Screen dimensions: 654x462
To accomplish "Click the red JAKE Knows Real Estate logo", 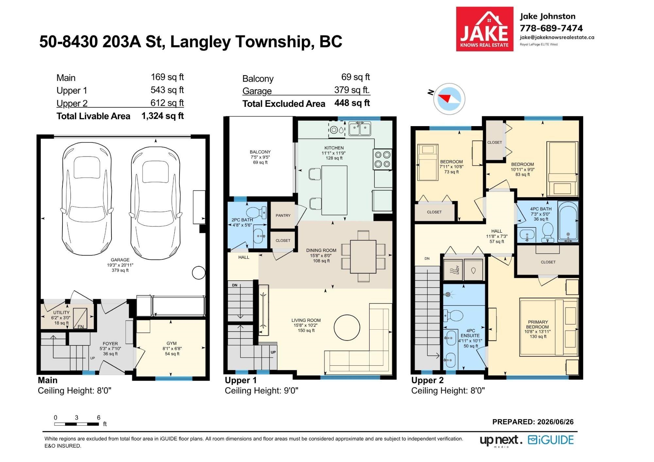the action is tap(485, 29).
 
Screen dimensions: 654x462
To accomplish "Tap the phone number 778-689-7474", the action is tap(551, 28).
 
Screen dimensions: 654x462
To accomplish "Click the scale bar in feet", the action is tap(77, 424).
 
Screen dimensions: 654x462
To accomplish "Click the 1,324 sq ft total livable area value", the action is tap(163, 116).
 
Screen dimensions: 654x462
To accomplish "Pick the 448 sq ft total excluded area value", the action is tap(352, 103).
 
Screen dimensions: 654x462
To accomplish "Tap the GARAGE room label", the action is tap(120, 260).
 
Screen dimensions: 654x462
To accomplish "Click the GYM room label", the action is tap(171, 343).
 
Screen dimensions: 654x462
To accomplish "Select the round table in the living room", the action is tap(347, 327).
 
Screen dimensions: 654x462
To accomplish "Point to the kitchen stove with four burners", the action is tap(382, 159).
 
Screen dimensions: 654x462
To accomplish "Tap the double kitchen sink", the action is tap(360, 128).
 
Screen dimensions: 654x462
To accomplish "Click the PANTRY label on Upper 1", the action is tap(283, 215).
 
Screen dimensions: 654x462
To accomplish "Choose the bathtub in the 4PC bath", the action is tap(568, 222).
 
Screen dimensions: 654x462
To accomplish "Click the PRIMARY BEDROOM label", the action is tap(538, 324).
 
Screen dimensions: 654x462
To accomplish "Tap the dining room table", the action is tap(363, 256).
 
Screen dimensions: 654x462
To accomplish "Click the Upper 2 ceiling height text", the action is tap(448, 390).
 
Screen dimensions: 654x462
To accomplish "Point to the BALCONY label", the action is tap(260, 152).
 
